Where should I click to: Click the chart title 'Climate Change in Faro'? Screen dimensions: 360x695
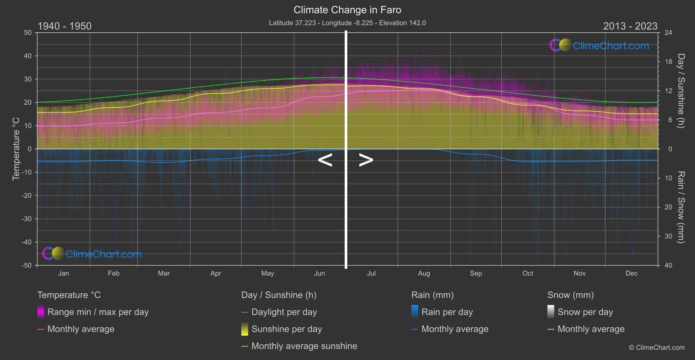click(x=347, y=10)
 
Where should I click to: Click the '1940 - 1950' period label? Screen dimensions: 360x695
click(x=65, y=26)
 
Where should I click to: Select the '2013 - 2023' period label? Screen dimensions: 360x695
click(x=630, y=26)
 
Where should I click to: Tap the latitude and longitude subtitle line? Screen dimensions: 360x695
click(x=347, y=23)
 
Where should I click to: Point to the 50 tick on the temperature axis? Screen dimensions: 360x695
click(x=28, y=33)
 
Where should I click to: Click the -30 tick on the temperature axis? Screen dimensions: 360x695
click(x=27, y=219)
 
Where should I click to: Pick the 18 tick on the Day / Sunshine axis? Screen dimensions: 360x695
click(x=668, y=62)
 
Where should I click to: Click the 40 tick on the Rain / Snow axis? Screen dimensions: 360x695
click(x=668, y=265)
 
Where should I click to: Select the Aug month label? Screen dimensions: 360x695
click(x=424, y=274)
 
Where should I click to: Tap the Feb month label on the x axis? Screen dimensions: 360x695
click(x=113, y=274)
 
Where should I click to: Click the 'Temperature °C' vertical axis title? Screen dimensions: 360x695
click(x=16, y=148)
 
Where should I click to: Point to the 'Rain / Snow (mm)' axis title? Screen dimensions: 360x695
click(x=681, y=207)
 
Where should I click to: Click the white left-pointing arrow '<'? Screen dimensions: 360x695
click(x=325, y=160)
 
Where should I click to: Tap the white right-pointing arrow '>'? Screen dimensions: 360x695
click(x=366, y=160)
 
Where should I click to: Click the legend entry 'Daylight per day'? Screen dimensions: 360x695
click(x=284, y=312)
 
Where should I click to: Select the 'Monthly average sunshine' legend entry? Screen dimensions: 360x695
click(x=304, y=346)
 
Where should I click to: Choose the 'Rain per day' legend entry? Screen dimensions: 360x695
click(x=447, y=312)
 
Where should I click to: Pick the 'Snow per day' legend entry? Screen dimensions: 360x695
click(x=585, y=312)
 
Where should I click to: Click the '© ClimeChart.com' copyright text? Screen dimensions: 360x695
click(x=657, y=348)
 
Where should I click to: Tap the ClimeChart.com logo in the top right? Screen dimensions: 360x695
click(x=599, y=45)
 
